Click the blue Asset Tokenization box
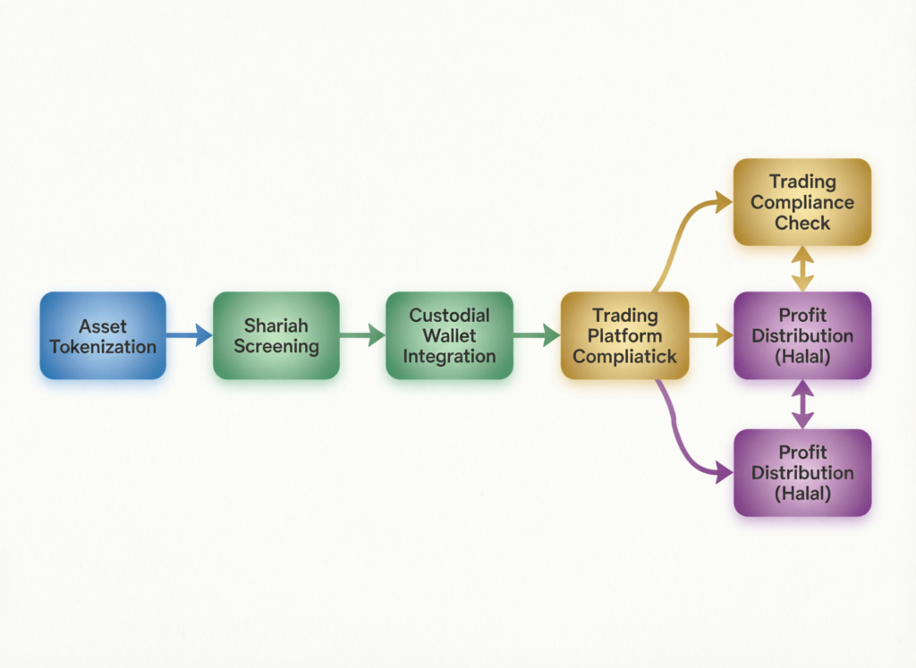tap(103, 335)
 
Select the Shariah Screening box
tap(276, 335)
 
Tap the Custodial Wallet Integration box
tap(448, 335)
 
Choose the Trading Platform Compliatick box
tap(624, 335)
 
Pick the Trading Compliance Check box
tap(802, 202)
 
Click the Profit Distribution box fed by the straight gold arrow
tap(802, 335)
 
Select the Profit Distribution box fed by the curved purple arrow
tap(802, 472)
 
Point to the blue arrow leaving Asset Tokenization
tap(189, 335)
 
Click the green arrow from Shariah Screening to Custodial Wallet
tap(361, 335)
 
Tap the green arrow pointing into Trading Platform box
tap(536, 335)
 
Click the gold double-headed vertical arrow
tap(802, 268)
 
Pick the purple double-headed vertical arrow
tap(802, 404)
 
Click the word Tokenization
tap(103, 346)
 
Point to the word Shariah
tap(276, 326)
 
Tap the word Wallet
tap(448, 335)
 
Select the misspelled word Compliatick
tap(624, 356)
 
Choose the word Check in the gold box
tap(802, 223)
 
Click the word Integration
tap(448, 356)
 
